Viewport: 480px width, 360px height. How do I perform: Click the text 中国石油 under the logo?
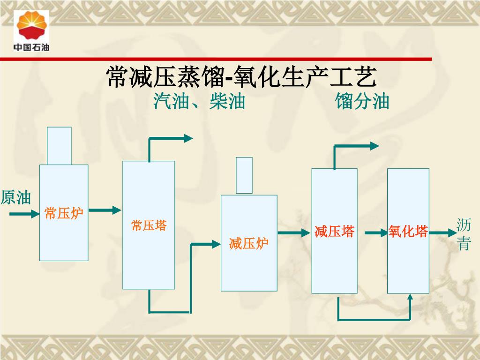coord(31,47)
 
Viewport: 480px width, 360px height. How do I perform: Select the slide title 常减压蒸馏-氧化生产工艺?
coord(241,77)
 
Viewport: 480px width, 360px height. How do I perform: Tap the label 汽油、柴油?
coord(199,101)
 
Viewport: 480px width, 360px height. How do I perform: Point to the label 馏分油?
coord(362,101)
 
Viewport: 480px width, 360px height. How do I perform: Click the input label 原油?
coord(16,198)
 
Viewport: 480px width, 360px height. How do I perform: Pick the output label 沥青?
coord(464,235)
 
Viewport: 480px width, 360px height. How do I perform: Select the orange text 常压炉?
coord(64,214)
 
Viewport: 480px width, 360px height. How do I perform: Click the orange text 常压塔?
coord(149,225)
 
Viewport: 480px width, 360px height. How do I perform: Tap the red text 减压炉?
coord(248,244)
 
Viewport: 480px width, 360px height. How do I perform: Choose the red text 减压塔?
coord(334,232)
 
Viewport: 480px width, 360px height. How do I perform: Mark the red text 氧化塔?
coord(408,232)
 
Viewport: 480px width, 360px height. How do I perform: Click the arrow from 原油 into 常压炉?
coord(24,214)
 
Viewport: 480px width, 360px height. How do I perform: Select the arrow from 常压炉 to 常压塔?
coord(105,210)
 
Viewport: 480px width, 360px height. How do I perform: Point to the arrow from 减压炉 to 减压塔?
coord(294,232)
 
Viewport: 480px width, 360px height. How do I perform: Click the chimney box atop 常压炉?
coord(60,146)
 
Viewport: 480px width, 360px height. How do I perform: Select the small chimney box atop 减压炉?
coord(244,175)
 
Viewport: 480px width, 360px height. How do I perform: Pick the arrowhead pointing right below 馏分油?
coord(374,146)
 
